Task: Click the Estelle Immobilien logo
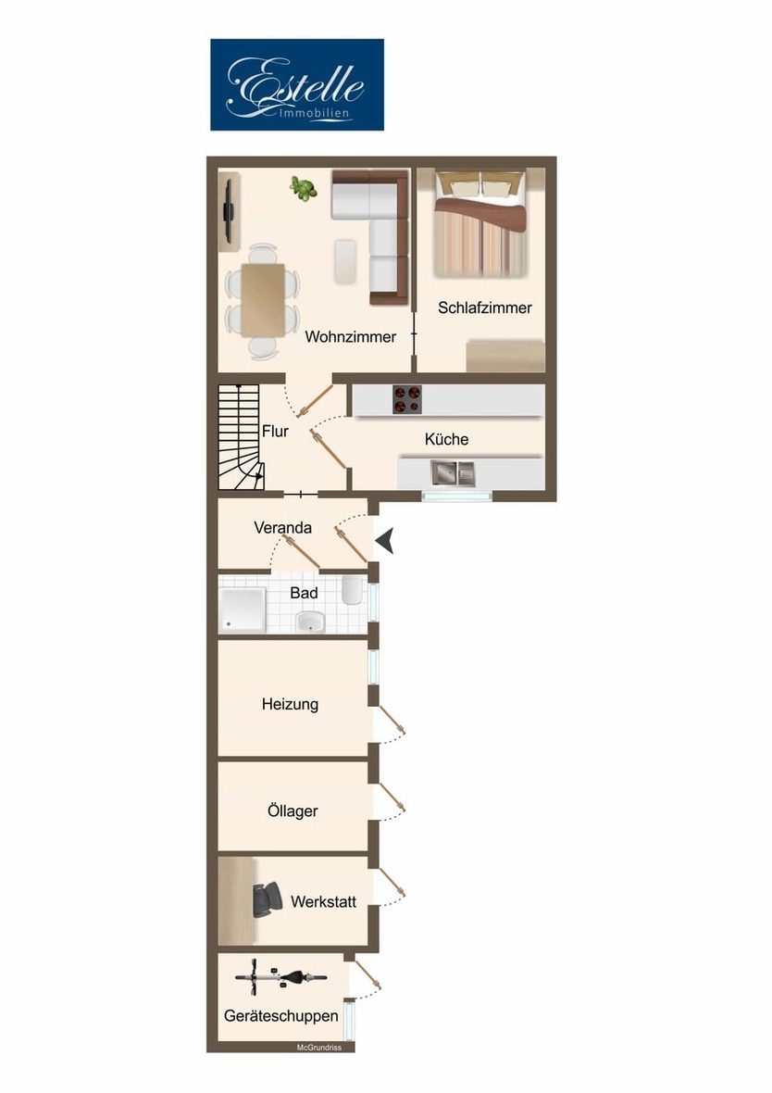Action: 296,84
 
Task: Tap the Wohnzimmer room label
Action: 350,337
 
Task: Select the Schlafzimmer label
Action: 485,308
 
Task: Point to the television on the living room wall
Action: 228,211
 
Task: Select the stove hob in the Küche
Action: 406,399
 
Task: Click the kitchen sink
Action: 451,474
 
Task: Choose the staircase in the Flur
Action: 241,438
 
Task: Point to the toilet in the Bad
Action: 352,591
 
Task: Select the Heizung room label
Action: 290,704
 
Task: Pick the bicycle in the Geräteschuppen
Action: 281,976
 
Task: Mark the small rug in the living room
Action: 344,260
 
